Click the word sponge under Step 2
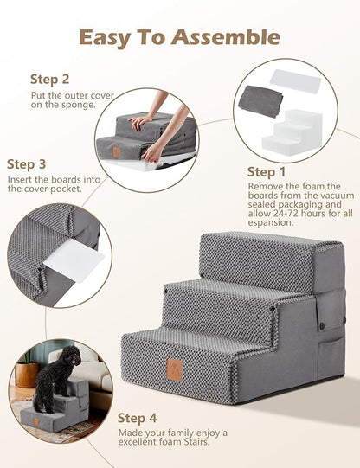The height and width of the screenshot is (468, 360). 76,106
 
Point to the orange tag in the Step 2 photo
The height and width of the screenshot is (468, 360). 114,151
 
